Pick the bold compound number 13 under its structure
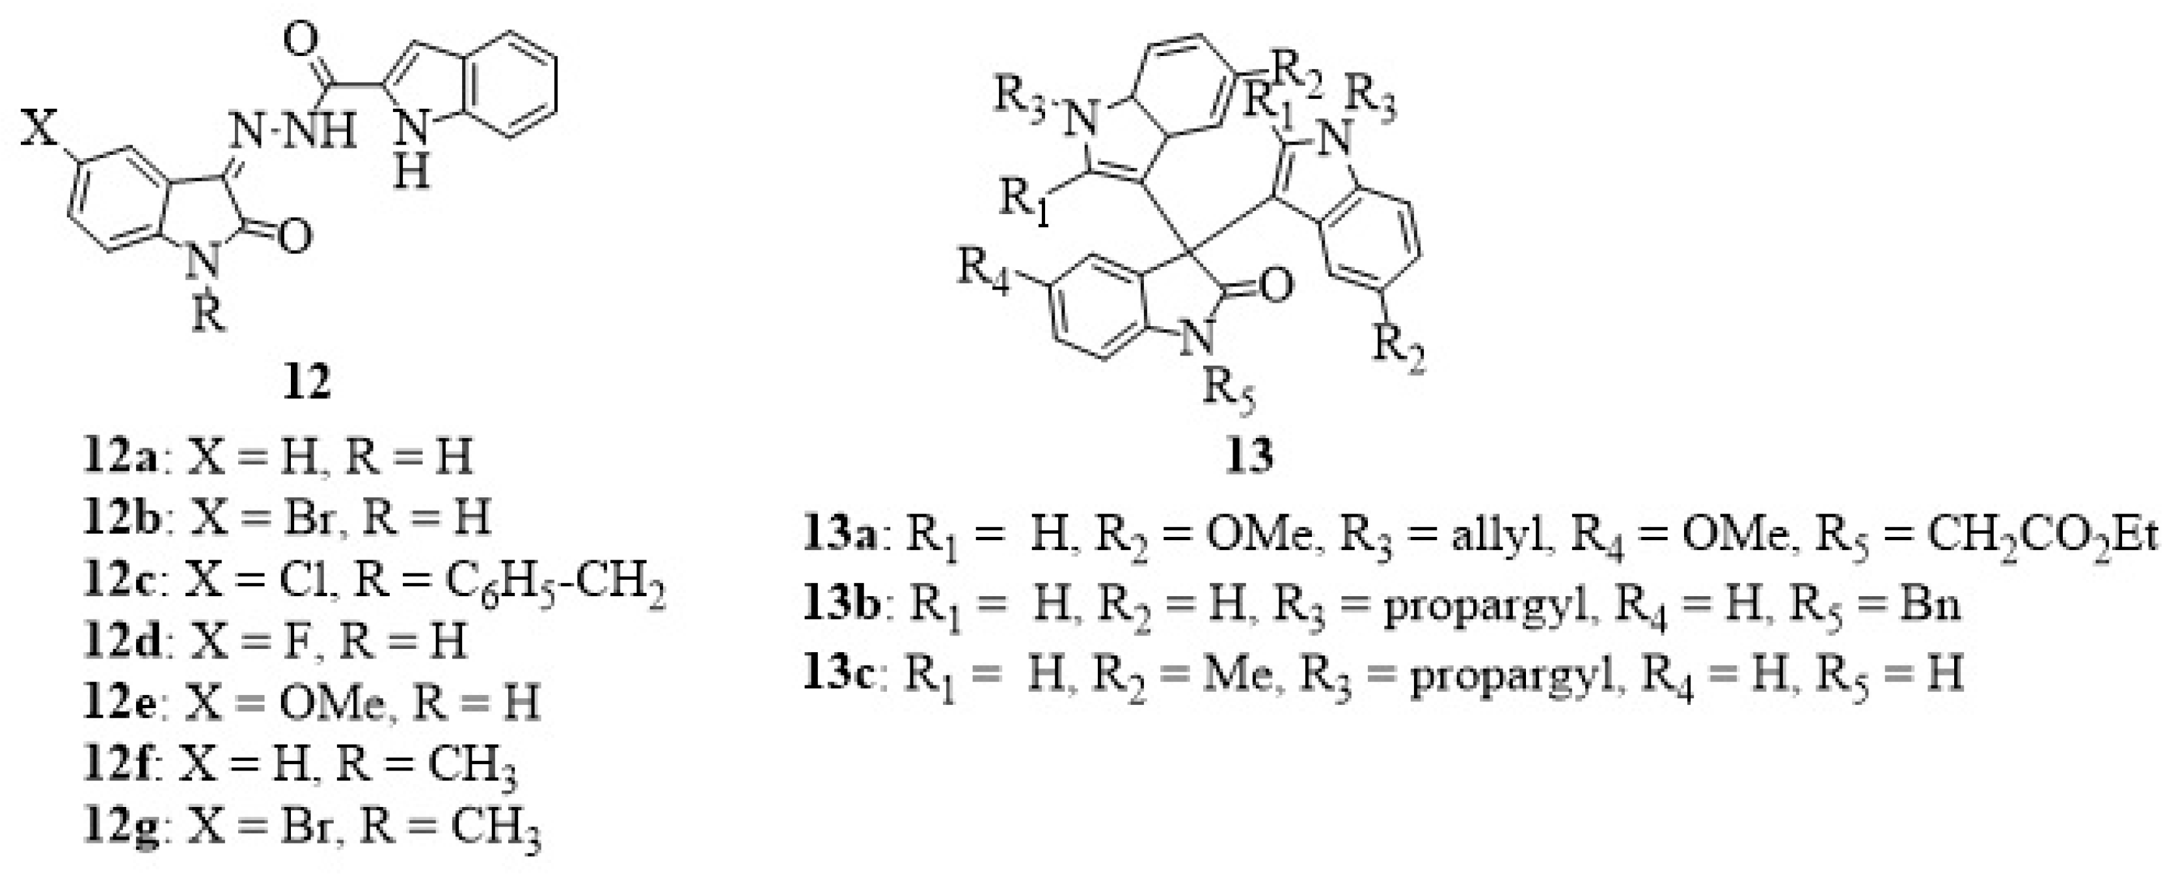1249,457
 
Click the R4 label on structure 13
983,272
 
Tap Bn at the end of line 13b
1929,605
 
